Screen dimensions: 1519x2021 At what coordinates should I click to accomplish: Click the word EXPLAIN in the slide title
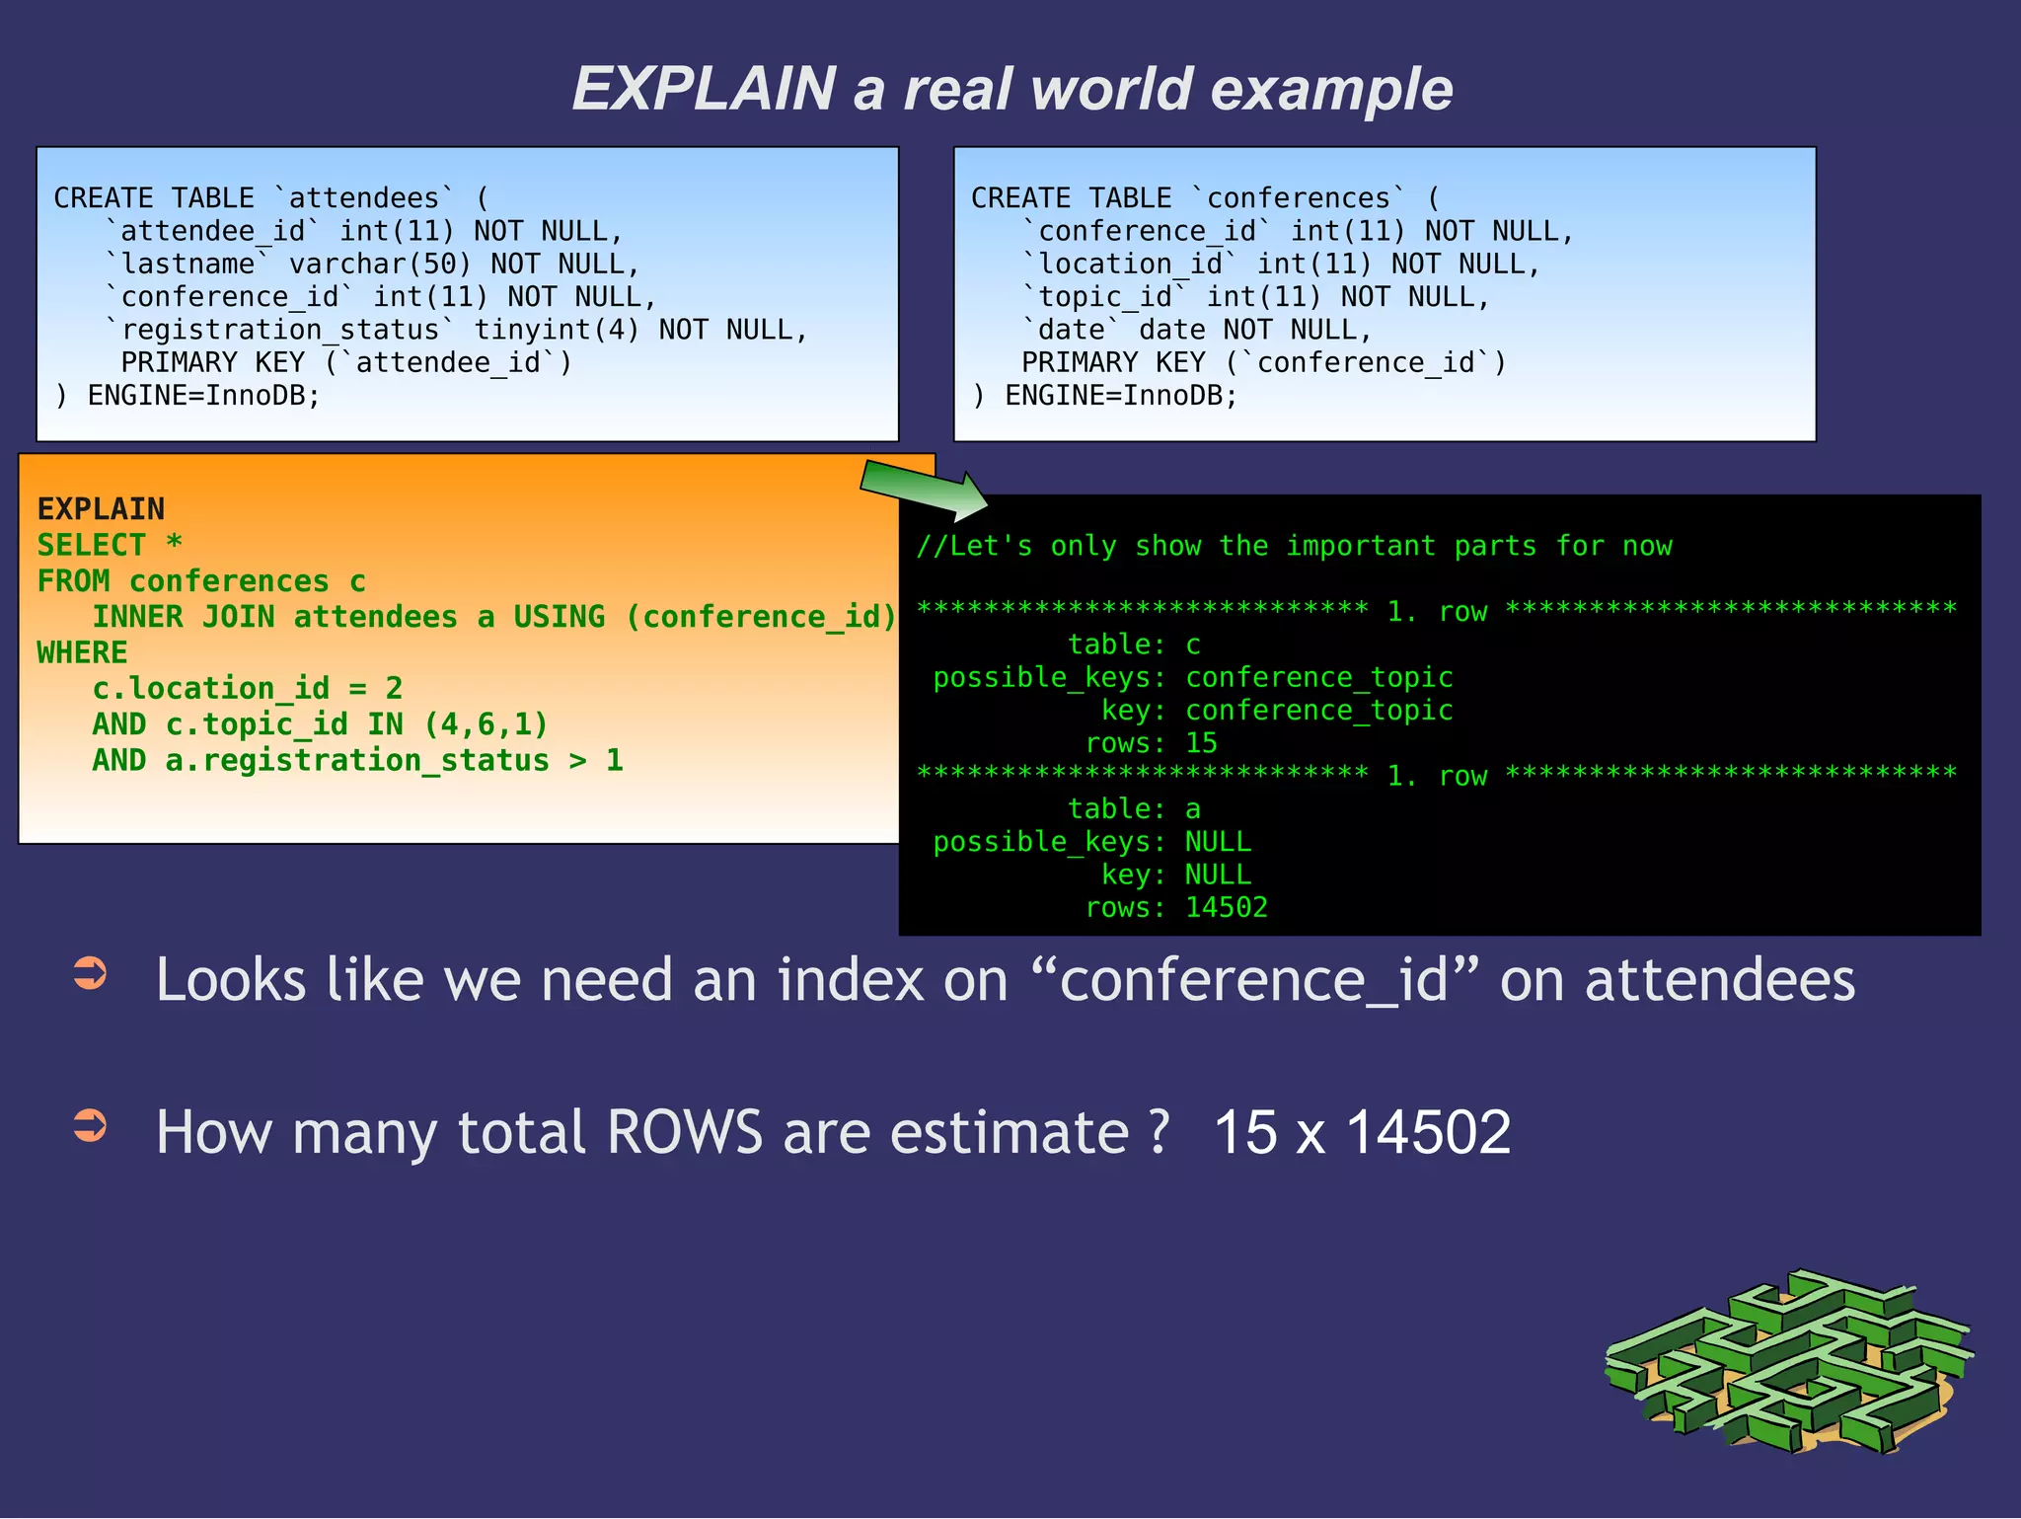[704, 89]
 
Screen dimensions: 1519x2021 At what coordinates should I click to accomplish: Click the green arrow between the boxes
[924, 490]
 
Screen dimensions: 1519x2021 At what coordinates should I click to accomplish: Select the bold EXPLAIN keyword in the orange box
[101, 509]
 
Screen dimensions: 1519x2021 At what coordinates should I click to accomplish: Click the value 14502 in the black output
[1226, 907]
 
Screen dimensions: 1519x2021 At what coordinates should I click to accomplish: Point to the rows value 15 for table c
[1201, 743]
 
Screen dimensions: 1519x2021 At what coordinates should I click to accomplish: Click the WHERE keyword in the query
[82, 652]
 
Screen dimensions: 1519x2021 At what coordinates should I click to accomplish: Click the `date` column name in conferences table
[1072, 330]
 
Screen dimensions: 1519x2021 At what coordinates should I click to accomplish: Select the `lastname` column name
[187, 265]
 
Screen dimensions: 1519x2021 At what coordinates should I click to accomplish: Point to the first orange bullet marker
[91, 972]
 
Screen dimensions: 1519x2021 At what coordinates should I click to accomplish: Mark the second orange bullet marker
[91, 1124]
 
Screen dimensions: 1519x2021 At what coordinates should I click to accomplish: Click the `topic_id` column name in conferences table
[1105, 297]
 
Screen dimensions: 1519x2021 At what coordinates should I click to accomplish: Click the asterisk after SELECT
[174, 544]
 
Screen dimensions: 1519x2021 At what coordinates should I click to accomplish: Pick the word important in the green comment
[1361, 546]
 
